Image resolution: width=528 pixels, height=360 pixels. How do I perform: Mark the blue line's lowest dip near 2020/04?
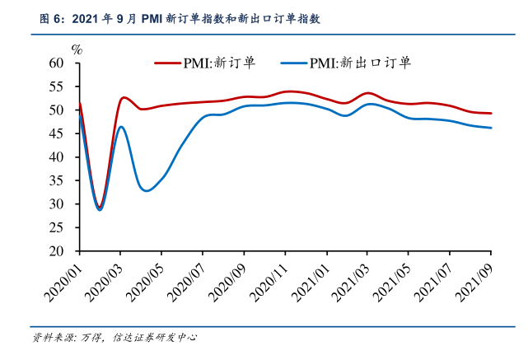click(x=147, y=191)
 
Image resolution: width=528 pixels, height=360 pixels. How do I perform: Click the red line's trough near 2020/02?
click(x=100, y=207)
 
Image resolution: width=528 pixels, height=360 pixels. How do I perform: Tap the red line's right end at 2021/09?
click(x=491, y=113)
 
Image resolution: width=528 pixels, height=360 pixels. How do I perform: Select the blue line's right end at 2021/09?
click(x=491, y=128)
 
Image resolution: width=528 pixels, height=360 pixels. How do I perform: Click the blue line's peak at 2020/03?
click(x=120, y=126)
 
